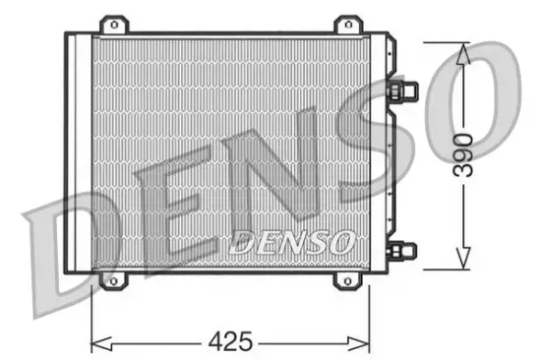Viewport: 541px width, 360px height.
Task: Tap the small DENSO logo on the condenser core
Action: (291, 241)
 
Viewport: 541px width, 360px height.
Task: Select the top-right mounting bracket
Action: (347, 24)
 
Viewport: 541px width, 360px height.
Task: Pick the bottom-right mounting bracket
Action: (347, 281)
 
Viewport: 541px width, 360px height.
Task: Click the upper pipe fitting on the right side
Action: (404, 91)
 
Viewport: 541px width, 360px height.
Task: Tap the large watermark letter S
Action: (389, 148)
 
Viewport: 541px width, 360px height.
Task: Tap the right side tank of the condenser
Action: (379, 152)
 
